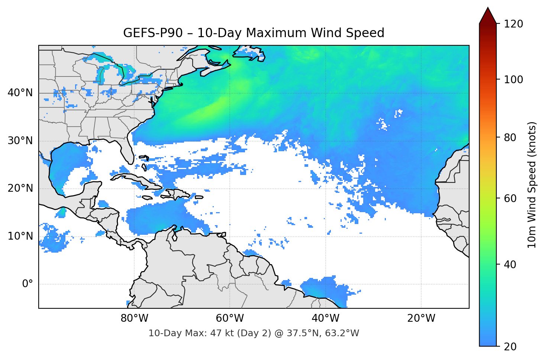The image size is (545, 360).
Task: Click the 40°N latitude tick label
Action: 20,93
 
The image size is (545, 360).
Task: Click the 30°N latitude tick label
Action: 20,141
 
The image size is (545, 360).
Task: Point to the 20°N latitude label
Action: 20,188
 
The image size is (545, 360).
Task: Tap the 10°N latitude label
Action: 20,236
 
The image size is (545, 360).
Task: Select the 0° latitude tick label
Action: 27,284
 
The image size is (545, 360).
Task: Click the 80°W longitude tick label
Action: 134,318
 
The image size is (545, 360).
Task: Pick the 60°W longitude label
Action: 230,318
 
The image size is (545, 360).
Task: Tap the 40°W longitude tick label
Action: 325,318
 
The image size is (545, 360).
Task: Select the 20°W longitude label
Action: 421,318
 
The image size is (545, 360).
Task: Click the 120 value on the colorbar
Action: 513,24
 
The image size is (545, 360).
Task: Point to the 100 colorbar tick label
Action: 513,80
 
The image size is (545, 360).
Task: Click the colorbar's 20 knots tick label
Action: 510,347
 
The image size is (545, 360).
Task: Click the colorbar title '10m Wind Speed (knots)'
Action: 532,185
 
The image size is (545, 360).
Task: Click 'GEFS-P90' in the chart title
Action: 153,33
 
